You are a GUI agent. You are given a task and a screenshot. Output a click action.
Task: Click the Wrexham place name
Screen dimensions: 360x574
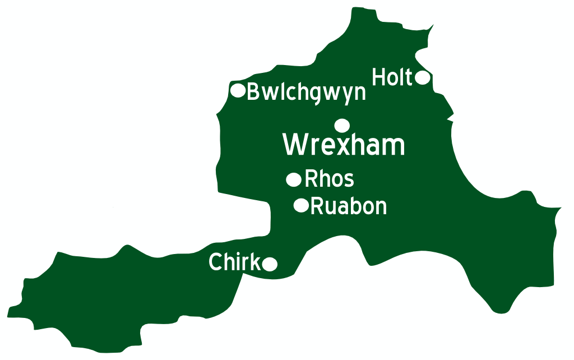pyautogui.click(x=344, y=145)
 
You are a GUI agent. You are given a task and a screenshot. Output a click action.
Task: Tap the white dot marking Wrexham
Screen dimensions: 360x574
pyautogui.click(x=342, y=125)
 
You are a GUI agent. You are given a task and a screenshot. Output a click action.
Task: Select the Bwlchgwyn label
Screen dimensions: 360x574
pyautogui.click(x=306, y=92)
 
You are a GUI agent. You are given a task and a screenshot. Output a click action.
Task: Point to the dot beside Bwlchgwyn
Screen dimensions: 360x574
pyautogui.click(x=238, y=90)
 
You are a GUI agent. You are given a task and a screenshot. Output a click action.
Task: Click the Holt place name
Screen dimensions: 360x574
pyautogui.click(x=392, y=77)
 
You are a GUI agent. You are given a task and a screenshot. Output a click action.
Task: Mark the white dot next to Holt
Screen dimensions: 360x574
pyautogui.click(x=422, y=77)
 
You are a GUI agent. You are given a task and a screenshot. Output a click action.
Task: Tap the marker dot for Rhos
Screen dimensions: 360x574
pyautogui.click(x=294, y=179)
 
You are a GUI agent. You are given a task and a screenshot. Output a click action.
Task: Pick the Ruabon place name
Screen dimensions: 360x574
pyautogui.click(x=348, y=206)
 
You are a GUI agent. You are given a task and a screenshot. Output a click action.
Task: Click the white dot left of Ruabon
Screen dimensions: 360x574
pyautogui.click(x=301, y=206)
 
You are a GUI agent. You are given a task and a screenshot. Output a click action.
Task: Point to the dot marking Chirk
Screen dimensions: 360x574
pyautogui.click(x=270, y=264)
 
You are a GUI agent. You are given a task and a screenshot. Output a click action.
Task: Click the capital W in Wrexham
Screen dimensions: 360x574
pyautogui.click(x=296, y=145)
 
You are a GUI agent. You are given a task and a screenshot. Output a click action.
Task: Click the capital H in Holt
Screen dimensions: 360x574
pyautogui.click(x=379, y=77)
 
